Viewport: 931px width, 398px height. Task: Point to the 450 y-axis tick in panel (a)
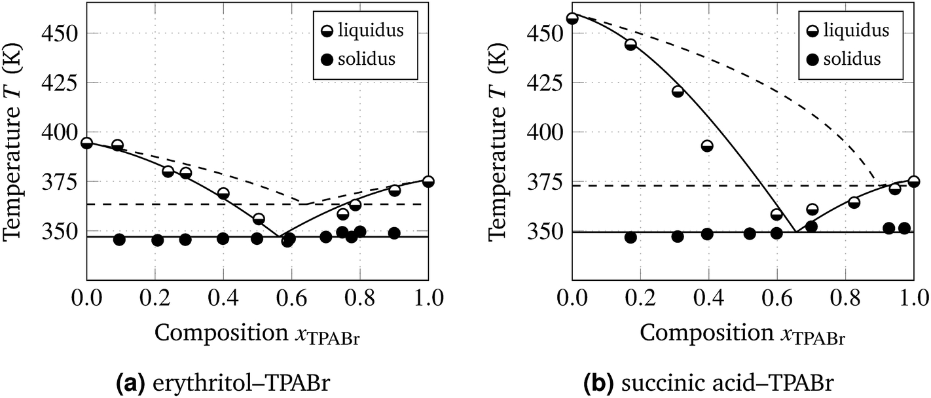[x=60, y=33]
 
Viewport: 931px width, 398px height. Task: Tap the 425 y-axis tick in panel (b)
[x=546, y=82]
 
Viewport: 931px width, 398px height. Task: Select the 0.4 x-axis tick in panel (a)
[x=223, y=298]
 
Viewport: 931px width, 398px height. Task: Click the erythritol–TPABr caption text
[x=241, y=383]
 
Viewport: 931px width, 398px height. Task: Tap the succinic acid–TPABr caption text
[x=727, y=383]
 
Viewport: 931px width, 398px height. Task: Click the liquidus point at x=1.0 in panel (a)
[x=428, y=181]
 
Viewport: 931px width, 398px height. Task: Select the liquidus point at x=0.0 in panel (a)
[x=86, y=143]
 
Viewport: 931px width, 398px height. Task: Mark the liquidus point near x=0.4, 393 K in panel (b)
[x=707, y=146]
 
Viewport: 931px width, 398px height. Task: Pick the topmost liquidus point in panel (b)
[x=572, y=19]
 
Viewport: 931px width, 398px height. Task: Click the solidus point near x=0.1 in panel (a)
[x=119, y=240]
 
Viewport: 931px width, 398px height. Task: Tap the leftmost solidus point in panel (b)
[x=630, y=238]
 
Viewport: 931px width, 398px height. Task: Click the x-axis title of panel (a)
[x=257, y=334]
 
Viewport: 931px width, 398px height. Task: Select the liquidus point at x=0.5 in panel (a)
[x=259, y=219]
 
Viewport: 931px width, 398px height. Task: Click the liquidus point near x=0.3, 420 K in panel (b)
[x=678, y=92]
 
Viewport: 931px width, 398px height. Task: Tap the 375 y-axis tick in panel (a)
[x=60, y=181]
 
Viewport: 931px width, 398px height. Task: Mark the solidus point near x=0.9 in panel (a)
[x=394, y=233]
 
